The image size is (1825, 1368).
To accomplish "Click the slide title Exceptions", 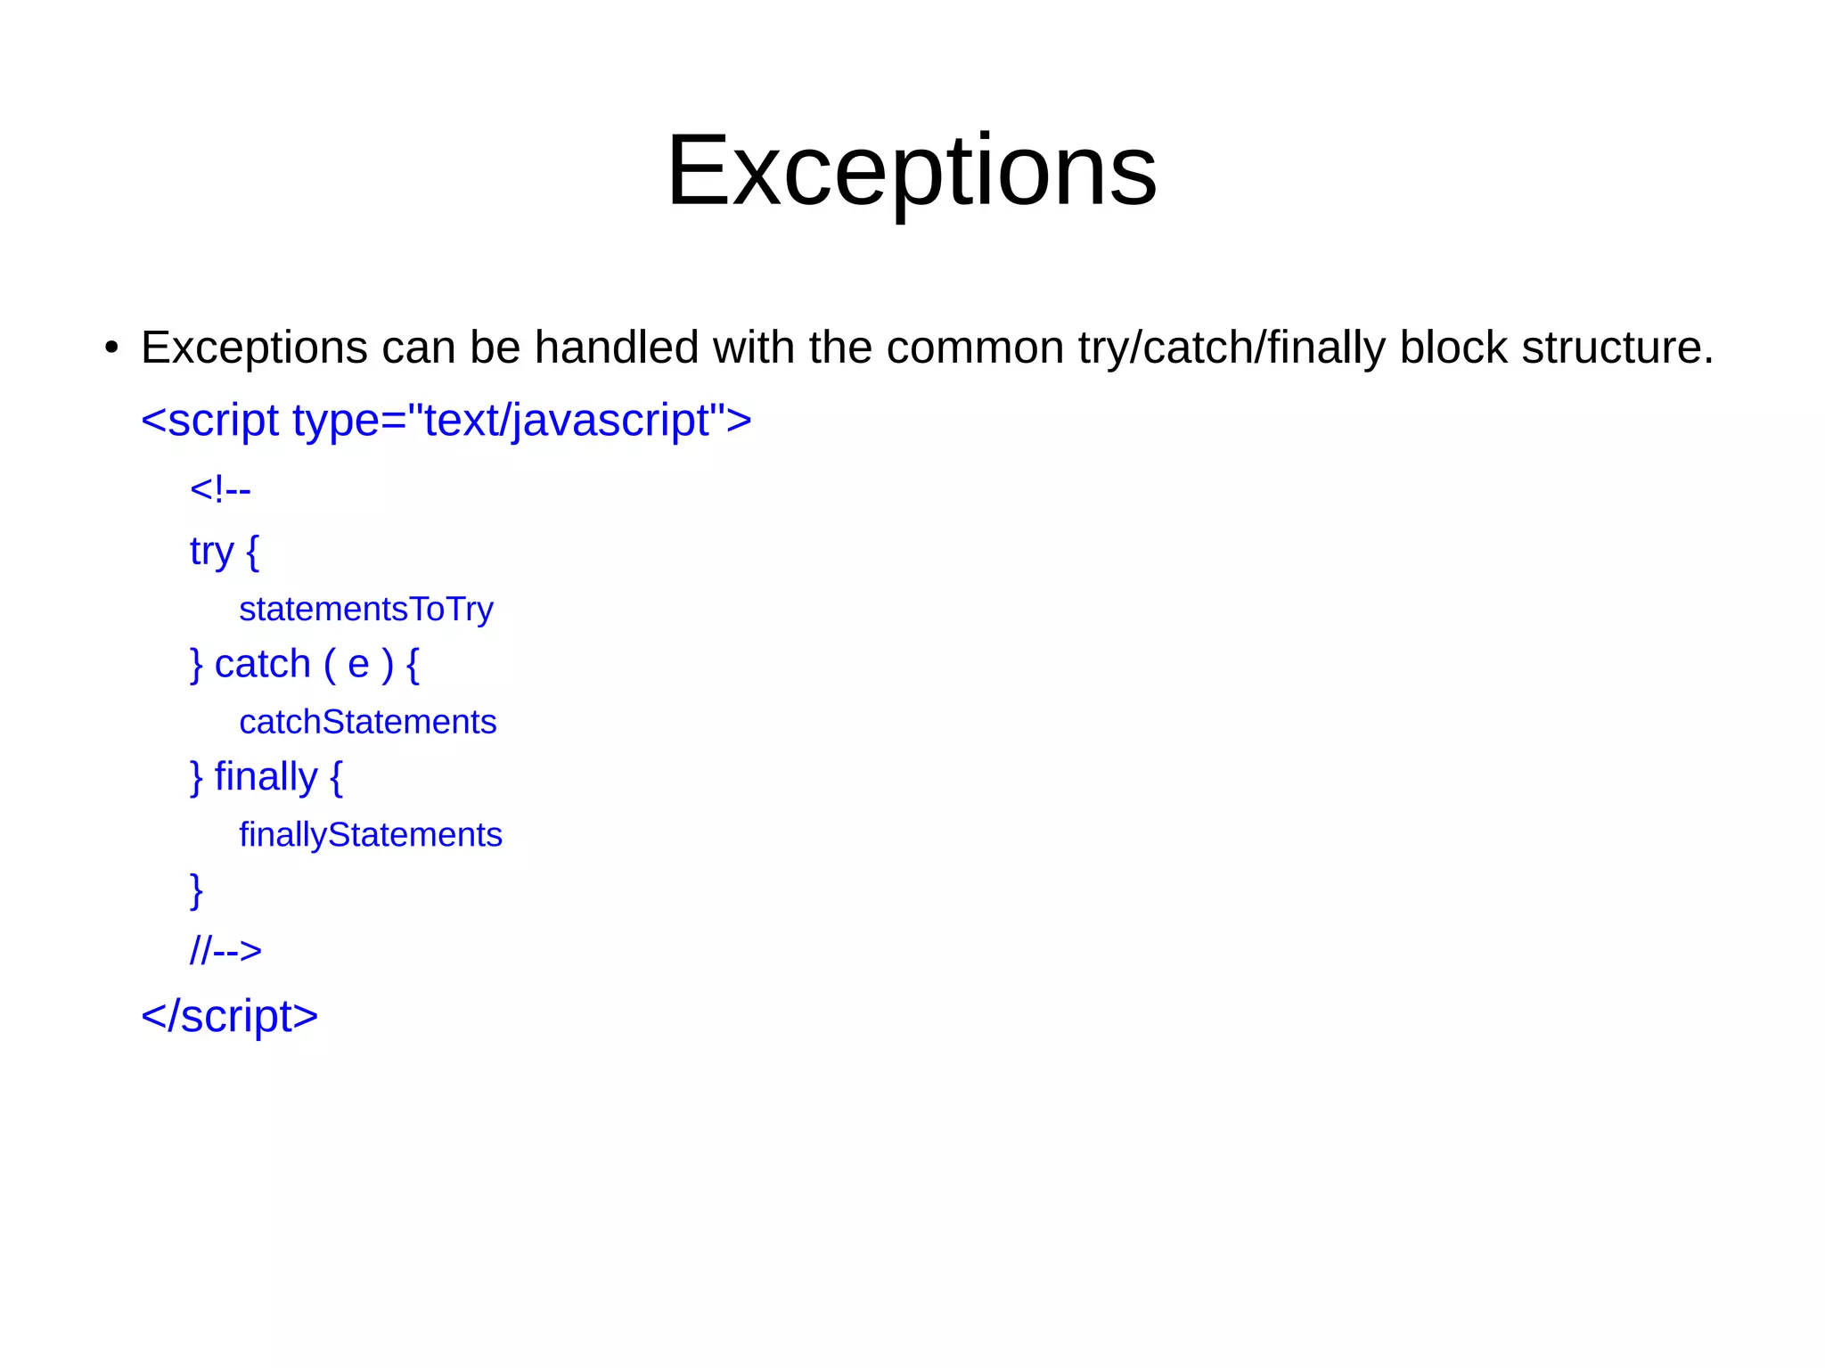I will click(912, 171).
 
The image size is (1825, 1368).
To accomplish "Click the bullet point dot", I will click(110, 348).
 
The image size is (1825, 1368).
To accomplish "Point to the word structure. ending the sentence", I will click(1616, 348).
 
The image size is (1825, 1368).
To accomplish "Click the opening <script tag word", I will click(210, 420).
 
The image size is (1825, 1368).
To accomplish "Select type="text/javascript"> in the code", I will click(521, 420).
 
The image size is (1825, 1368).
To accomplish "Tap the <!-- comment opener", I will click(220, 489).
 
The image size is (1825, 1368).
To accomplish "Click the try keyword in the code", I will click(211, 552).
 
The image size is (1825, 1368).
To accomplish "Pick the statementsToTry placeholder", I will click(365, 610).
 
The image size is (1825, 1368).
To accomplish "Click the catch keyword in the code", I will click(262, 665).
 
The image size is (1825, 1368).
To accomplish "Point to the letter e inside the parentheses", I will click(358, 665).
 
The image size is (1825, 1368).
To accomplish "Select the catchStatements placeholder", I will click(367, 722).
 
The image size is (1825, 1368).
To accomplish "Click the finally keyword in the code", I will click(266, 777).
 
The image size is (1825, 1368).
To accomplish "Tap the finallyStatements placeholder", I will click(370, 835).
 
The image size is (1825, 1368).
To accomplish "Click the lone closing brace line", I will click(196, 890).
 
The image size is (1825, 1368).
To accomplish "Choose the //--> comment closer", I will click(225, 951).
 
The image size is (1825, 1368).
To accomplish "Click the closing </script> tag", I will click(229, 1016).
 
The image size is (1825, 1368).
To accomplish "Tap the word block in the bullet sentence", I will click(1453, 348).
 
